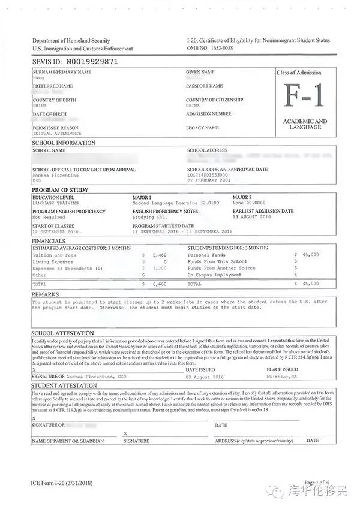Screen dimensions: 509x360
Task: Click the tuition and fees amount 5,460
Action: pyautogui.click(x=160, y=255)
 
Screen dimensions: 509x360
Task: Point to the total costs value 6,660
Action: pyautogui.click(x=160, y=284)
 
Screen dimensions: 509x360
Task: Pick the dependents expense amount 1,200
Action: pyautogui.click(x=160, y=269)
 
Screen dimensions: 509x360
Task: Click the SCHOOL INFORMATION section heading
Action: pyautogui.click(x=64, y=143)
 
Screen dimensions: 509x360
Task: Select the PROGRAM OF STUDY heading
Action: pyautogui.click(x=61, y=190)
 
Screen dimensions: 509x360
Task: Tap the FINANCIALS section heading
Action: pyautogui.click(x=49, y=241)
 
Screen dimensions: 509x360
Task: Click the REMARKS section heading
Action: pyautogui.click(x=46, y=294)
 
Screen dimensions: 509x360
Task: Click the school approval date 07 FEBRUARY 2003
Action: pyautogui.click(x=209, y=180)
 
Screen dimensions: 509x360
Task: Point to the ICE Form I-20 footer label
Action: pyautogui.click(x=62, y=483)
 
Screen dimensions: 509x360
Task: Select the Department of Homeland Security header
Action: pyautogui.click(x=71, y=40)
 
